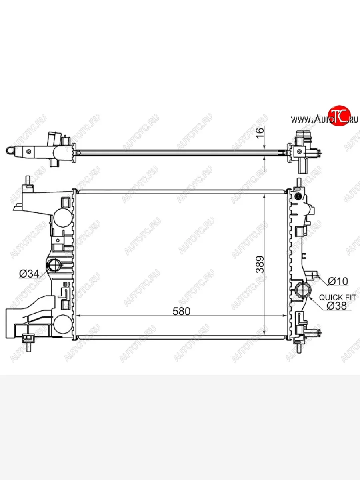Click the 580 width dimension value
tap(182, 311)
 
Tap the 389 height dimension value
tap(260, 265)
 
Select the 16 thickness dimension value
tap(260, 133)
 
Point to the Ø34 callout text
tap(29, 274)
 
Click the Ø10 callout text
tap(338, 282)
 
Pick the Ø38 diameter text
tap(337, 306)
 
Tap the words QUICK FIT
tap(338, 298)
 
